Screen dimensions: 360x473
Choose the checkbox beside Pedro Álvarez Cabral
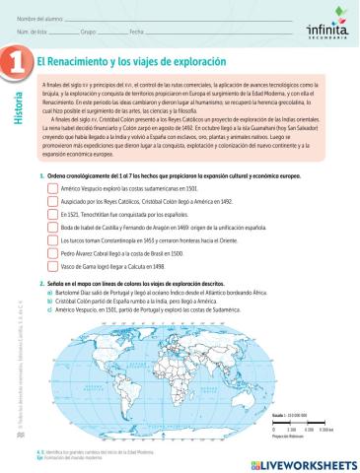[52, 251]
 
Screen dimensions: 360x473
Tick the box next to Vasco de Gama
[52, 264]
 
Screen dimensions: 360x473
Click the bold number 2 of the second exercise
[39, 281]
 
